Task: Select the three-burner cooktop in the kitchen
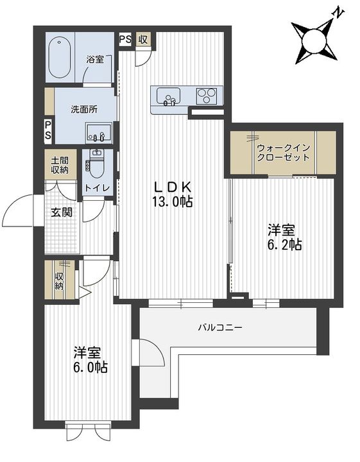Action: pyautogui.click(x=207, y=96)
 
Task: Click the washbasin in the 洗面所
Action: pyautogui.click(x=99, y=133)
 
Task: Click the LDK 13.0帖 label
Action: pyautogui.click(x=173, y=194)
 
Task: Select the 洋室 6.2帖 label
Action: pyautogui.click(x=284, y=237)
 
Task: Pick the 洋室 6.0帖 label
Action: pyautogui.click(x=90, y=359)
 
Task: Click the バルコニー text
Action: pyautogui.click(x=220, y=327)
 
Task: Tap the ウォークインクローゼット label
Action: pyautogui.click(x=283, y=152)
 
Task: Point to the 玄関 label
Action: pyautogui.click(x=62, y=212)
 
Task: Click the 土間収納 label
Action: pyautogui.click(x=60, y=165)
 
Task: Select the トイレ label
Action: pyautogui.click(x=97, y=187)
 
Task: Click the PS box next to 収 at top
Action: pyautogui.click(x=126, y=40)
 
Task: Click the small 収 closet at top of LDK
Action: pyautogui.click(x=144, y=40)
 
